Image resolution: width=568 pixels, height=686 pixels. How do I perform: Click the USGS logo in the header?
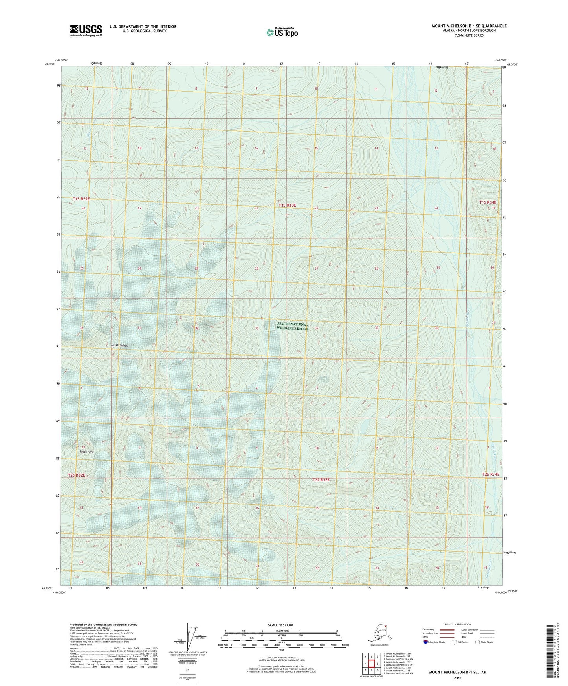pos(86,30)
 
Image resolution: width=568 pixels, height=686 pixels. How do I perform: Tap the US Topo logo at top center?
pos(281,32)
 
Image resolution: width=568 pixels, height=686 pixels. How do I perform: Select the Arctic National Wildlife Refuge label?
pos(292,326)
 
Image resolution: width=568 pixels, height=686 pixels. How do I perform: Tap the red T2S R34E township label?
pos(491,475)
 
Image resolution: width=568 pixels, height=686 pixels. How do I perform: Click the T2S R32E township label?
pos(76,475)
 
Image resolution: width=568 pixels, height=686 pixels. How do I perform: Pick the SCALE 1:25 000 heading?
pos(281,625)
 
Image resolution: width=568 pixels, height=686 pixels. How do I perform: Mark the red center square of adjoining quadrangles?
pos(371,664)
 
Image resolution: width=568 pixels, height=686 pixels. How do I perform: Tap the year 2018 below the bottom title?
pos(457,678)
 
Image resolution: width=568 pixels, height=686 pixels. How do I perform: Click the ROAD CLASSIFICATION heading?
pos(458,624)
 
